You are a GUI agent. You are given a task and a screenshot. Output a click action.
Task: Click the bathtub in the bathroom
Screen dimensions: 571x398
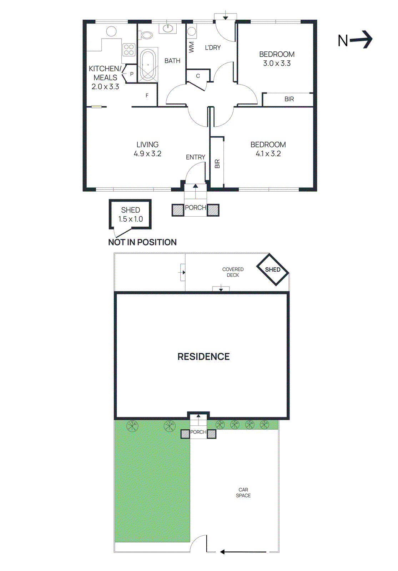point(148,65)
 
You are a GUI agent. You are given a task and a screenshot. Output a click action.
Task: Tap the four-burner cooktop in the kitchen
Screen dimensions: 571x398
point(129,50)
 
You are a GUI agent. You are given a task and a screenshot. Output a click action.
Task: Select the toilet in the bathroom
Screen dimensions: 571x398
point(146,35)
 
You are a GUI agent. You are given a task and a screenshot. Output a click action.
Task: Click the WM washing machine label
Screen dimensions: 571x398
point(191,47)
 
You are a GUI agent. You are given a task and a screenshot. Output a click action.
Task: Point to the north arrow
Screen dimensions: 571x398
point(355,40)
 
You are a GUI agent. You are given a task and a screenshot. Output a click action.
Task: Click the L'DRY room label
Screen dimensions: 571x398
point(213,47)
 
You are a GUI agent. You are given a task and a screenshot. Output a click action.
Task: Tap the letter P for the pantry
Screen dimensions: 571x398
point(132,74)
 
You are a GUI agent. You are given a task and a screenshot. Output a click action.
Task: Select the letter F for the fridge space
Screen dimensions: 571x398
point(147,96)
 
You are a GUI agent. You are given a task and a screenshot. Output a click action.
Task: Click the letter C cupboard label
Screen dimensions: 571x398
point(198,76)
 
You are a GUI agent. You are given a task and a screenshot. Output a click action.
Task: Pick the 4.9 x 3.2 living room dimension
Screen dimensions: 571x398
point(147,154)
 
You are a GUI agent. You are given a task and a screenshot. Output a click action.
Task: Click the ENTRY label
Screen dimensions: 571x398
point(195,157)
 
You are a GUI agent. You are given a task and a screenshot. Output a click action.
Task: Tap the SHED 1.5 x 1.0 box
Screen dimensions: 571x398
point(130,214)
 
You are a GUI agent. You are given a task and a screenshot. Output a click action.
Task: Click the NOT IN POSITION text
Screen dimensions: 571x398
point(142,242)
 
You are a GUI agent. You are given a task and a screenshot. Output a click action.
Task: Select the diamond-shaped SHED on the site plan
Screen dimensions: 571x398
point(273,270)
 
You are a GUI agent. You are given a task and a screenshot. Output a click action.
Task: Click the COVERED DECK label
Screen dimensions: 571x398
point(233,272)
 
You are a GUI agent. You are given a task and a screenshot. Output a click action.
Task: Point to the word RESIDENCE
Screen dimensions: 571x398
point(203,357)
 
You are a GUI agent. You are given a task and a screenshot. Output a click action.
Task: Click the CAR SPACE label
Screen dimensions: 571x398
point(243,492)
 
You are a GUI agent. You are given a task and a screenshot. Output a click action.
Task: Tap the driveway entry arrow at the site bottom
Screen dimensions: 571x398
point(243,552)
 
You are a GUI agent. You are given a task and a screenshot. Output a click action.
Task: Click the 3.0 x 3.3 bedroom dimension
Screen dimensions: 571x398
point(277,64)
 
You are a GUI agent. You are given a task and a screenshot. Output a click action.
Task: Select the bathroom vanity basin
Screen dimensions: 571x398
point(167,28)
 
